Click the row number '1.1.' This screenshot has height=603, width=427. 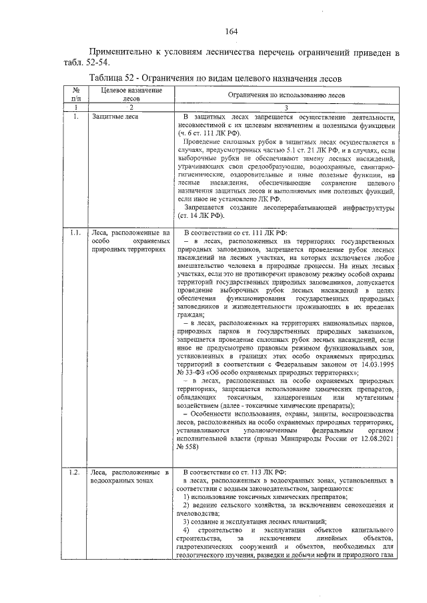pos(76,233)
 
